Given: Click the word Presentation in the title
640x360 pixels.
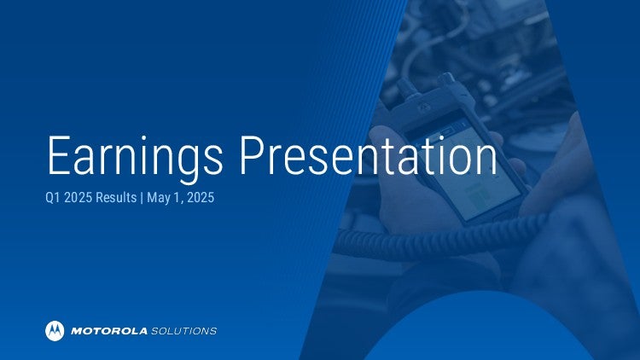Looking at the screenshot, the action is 368,155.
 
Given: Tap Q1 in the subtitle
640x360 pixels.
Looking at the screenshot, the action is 53,198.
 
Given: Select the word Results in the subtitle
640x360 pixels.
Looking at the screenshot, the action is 116,198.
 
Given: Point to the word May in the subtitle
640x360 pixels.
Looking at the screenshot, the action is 158,199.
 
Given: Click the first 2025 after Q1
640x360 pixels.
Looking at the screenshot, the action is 78,198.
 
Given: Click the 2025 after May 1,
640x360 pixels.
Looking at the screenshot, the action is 200,198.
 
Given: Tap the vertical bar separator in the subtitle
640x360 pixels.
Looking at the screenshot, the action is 142,198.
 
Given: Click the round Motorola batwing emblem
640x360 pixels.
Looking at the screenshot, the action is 55,331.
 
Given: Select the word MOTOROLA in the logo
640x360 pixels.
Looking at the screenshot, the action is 109,331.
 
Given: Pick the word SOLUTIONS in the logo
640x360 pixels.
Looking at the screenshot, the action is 183,331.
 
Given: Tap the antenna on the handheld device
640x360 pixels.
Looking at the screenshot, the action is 405,89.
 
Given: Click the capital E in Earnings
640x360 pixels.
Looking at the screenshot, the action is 59,155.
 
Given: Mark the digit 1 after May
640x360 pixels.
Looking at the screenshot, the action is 177,198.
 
